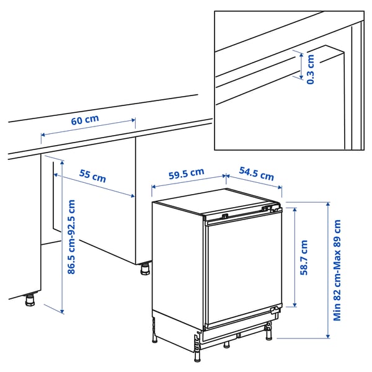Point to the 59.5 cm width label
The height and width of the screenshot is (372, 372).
point(186,174)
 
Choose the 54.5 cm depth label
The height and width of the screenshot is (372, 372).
point(256,175)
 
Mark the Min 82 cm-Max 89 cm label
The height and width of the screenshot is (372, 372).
point(337,270)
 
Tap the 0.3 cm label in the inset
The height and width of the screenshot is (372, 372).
point(311,69)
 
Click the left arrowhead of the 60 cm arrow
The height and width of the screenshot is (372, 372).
point(43,135)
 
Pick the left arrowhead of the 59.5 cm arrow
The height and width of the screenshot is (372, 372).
point(154,185)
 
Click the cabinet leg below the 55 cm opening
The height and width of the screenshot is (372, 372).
point(145,270)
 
